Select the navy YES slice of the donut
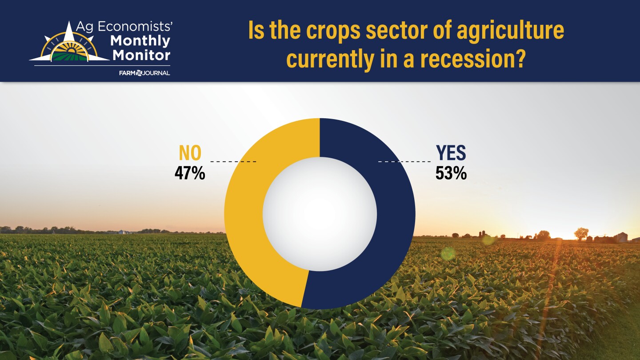point(396,214)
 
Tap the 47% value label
point(190,173)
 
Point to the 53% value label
point(451,173)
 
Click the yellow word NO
point(190,153)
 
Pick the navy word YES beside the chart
point(451,153)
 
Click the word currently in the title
point(331,60)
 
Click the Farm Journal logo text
point(144,73)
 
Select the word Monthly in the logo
point(140,41)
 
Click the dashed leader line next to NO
point(233,162)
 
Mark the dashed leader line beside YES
point(404,162)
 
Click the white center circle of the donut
point(320,214)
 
